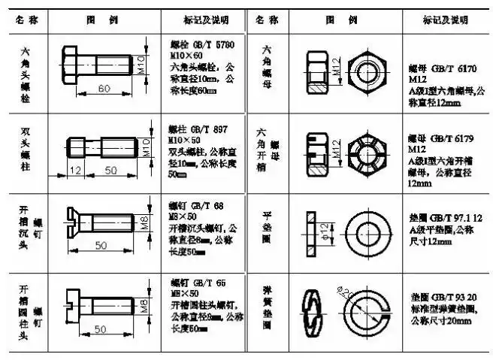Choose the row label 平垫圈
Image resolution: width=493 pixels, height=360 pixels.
pos(267,225)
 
